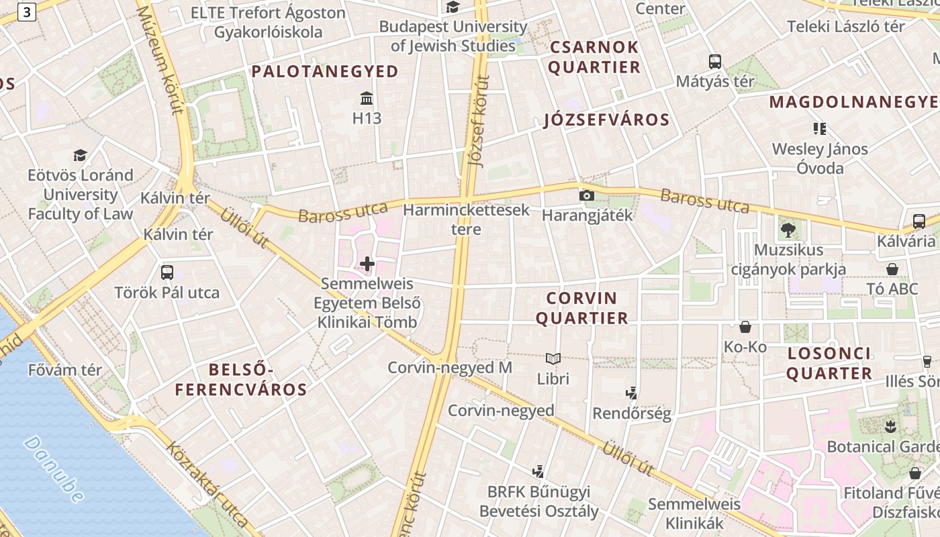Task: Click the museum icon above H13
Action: point(367,99)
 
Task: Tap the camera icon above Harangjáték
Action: point(586,195)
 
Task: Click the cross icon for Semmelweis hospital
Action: point(367,263)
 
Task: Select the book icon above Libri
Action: point(553,359)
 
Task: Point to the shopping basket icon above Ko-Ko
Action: point(745,327)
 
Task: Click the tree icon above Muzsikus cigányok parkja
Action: point(788,230)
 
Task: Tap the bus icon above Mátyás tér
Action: point(715,62)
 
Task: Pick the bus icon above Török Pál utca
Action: point(167,273)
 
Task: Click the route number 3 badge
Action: point(27,11)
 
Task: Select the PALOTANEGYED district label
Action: point(325,71)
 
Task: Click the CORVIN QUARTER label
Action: point(581,307)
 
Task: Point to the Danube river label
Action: point(54,469)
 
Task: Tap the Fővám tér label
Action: point(65,370)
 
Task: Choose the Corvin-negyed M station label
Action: point(450,367)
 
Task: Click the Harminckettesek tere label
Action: point(467,219)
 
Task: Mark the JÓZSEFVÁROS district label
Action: point(606,120)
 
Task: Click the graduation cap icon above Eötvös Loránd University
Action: point(80,156)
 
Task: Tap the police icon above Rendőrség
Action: point(631,393)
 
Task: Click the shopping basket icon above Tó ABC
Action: point(892,269)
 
